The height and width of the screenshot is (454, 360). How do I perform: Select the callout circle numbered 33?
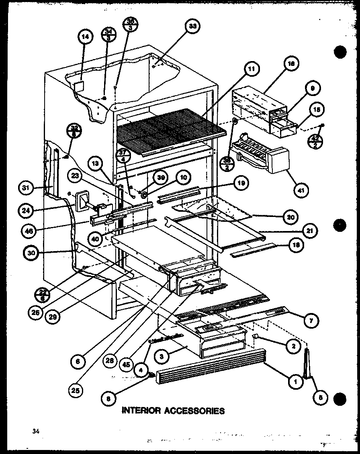(x=193, y=27)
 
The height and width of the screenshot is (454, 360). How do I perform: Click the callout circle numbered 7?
(x=312, y=320)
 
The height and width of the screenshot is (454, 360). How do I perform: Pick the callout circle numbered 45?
(x=126, y=364)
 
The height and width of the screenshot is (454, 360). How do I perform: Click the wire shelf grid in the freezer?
(x=169, y=131)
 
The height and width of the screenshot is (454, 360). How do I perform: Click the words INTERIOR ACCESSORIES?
(x=173, y=411)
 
